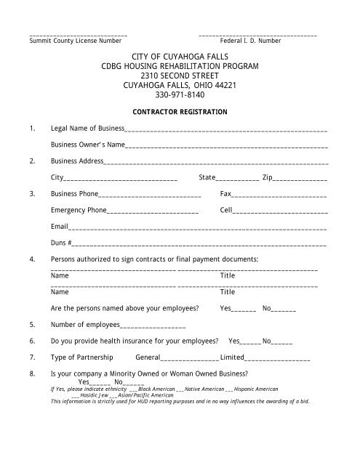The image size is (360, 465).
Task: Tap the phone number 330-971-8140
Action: pos(180,95)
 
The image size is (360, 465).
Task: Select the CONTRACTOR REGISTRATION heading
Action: pos(179,112)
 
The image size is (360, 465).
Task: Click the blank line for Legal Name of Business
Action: pos(226,131)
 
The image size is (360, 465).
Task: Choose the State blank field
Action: pos(238,179)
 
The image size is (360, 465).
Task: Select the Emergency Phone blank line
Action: pos(152,211)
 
